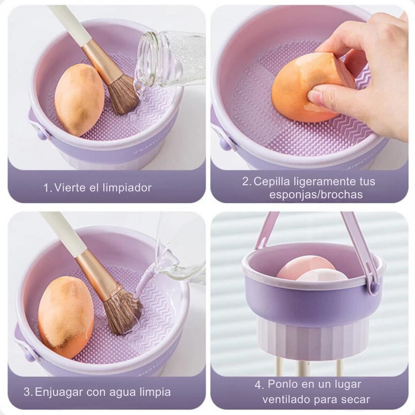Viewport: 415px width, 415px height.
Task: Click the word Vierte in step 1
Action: coord(70,188)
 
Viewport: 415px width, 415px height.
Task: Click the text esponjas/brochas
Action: coord(316,194)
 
